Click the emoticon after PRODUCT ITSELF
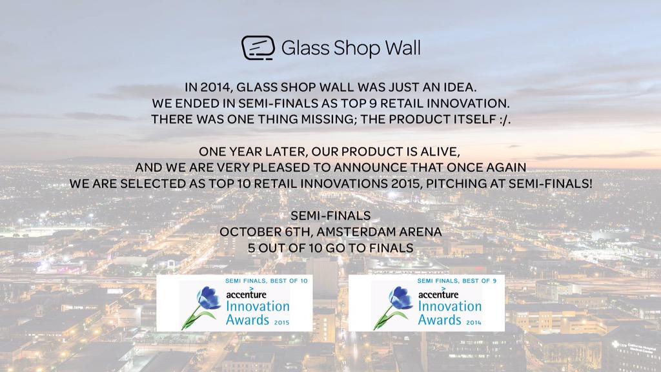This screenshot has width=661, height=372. click(502, 119)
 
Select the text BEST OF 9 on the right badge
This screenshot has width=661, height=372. click(475, 282)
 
